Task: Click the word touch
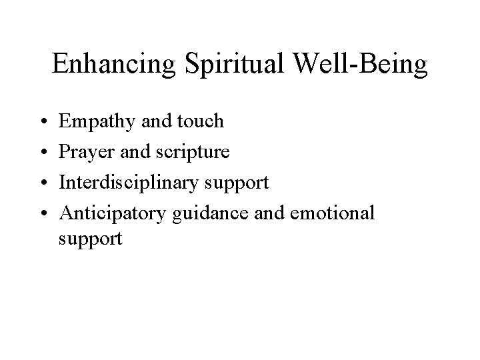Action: click(200, 121)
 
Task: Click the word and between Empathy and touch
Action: click(153, 121)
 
